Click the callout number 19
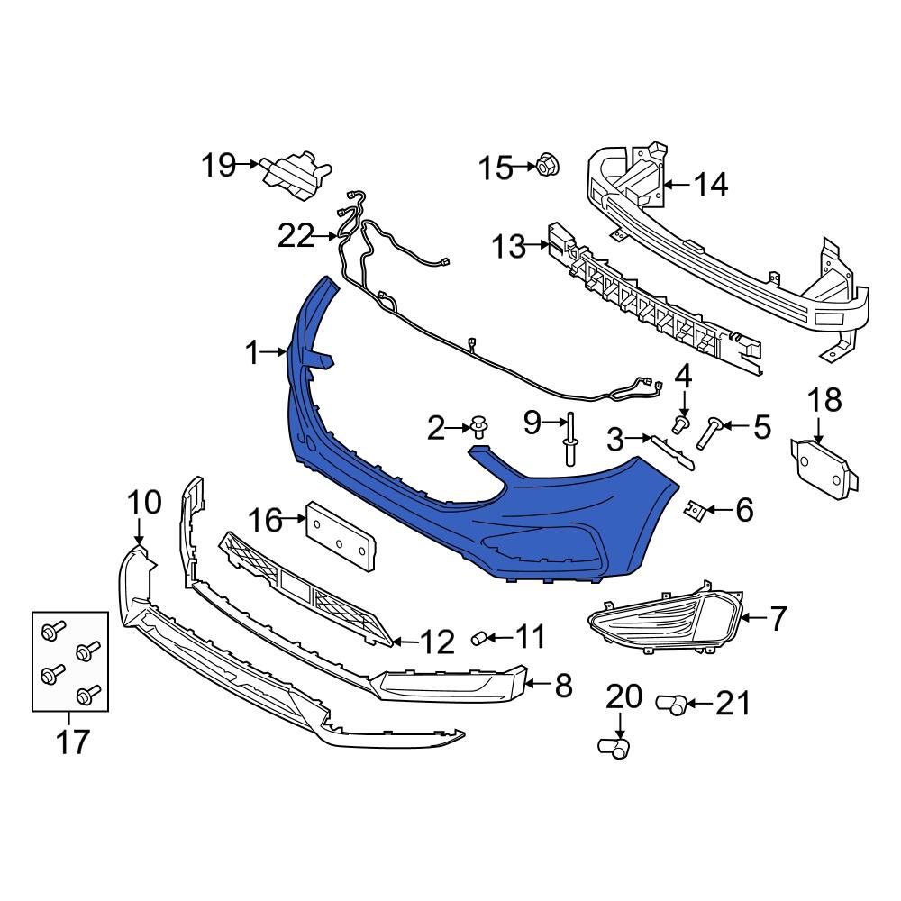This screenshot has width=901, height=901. point(217,165)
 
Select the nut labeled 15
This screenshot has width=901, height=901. point(545,166)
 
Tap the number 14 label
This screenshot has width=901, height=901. point(710,185)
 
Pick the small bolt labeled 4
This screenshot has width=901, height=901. point(682,421)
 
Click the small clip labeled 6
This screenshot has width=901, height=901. point(693,512)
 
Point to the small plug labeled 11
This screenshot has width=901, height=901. point(481,639)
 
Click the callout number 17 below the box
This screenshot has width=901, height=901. point(73,742)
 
